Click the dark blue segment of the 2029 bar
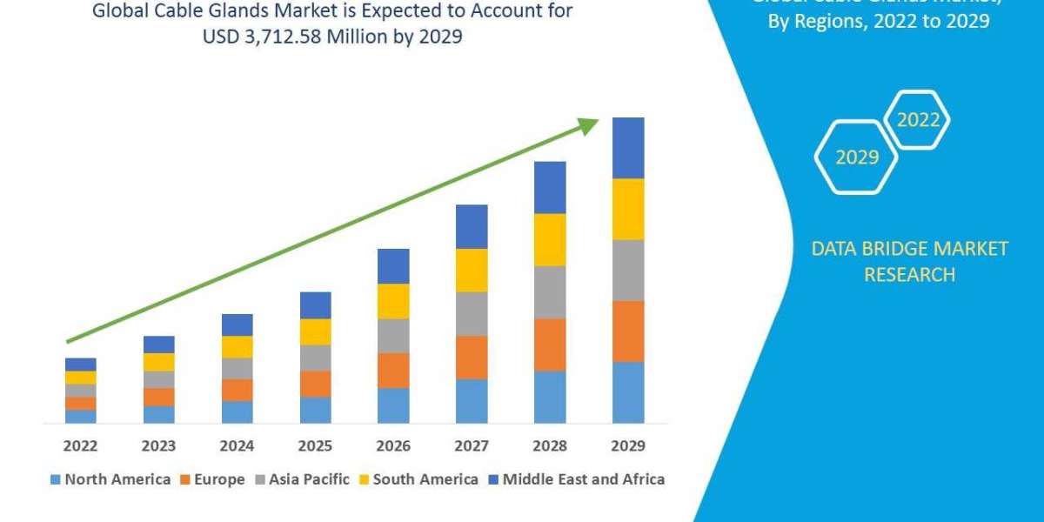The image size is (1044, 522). click(x=628, y=148)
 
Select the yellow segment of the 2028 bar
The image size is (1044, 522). click(x=550, y=239)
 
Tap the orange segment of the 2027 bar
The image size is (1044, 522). click(x=472, y=357)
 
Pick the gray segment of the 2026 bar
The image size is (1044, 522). click(x=393, y=335)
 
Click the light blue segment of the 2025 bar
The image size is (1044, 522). click(x=315, y=410)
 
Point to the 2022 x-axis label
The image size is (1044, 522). click(x=80, y=445)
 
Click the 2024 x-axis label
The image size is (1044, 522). click(x=237, y=445)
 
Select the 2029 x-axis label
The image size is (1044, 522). click(x=628, y=445)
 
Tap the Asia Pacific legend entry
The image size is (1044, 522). click(x=301, y=479)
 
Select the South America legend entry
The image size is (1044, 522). click(x=418, y=479)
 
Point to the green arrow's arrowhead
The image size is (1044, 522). click(x=590, y=126)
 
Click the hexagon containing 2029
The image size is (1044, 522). click(x=856, y=157)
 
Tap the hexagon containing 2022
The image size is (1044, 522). click(x=918, y=120)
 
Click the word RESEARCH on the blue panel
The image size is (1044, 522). click(x=909, y=275)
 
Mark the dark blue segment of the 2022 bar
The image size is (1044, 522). click(x=80, y=364)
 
